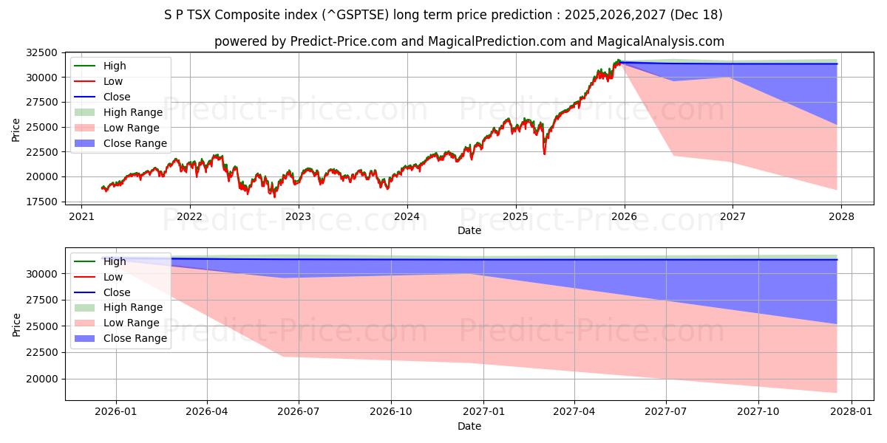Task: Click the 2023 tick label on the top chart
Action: click(298, 216)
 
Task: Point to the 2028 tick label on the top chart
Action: click(841, 216)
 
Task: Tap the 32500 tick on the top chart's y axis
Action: click(42, 52)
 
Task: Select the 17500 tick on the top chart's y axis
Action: click(42, 202)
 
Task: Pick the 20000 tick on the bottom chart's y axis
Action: click(42, 379)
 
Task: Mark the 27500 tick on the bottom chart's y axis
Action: click(42, 300)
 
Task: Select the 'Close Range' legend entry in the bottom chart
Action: click(135, 338)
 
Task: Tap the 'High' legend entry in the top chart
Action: click(115, 66)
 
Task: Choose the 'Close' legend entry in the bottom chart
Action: click(117, 292)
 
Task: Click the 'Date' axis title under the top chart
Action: click(469, 230)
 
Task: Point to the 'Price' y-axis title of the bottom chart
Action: click(16, 324)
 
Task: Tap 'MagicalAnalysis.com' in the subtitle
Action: click(662, 41)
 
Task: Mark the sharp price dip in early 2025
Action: click(545, 154)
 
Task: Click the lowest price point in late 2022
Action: click(274, 196)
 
